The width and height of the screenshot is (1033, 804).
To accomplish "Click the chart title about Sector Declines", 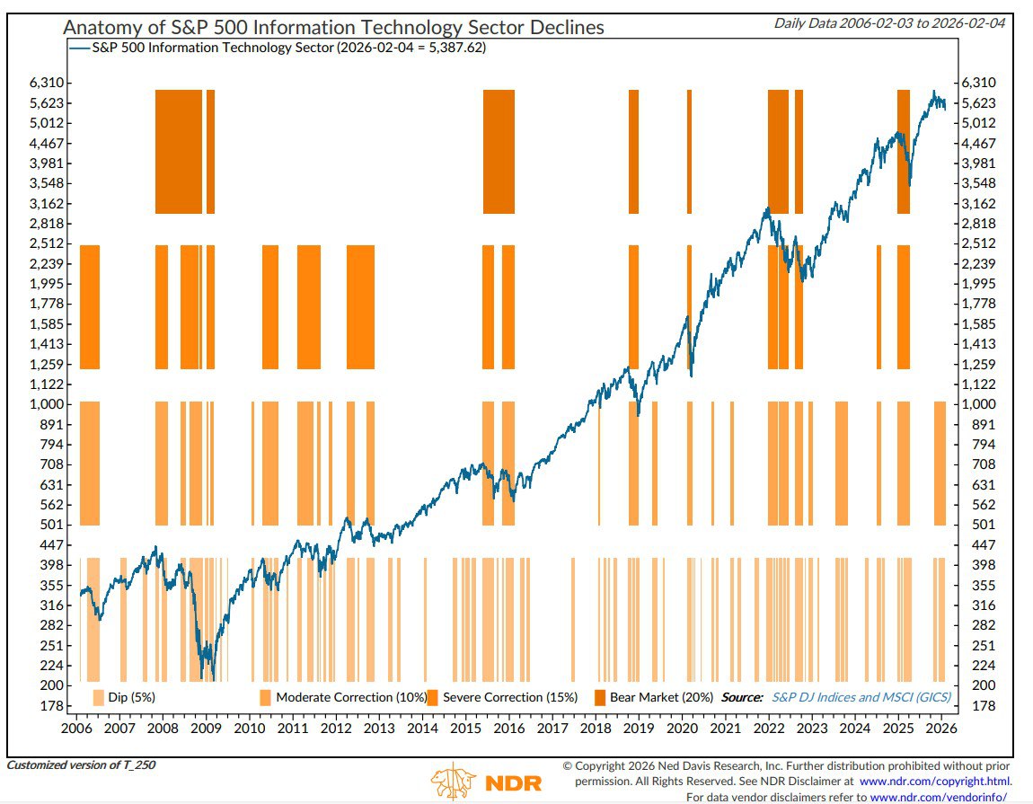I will pyautogui.click(x=333, y=27).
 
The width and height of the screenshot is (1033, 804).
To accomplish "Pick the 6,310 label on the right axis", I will pyautogui.click(x=977, y=83).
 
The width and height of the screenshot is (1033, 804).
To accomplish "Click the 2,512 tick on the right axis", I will pyautogui.click(x=977, y=243).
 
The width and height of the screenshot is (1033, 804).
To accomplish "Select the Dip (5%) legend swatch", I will pyautogui.click(x=99, y=697).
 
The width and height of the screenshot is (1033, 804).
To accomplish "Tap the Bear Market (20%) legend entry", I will pyautogui.click(x=661, y=697).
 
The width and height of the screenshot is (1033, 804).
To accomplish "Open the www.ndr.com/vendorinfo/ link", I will pyautogui.click(x=939, y=797).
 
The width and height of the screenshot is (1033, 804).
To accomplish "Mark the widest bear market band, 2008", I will pyautogui.click(x=179, y=151).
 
